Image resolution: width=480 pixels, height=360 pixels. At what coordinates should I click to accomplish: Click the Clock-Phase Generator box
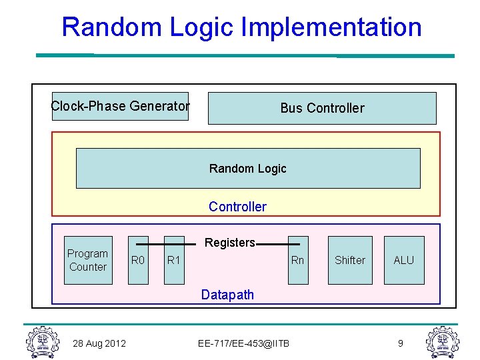pyautogui.click(x=120, y=106)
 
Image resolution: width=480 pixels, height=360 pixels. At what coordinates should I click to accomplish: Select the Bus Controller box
pyautogui.click(x=322, y=108)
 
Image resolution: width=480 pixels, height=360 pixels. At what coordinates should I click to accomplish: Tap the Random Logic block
pyautogui.click(x=248, y=169)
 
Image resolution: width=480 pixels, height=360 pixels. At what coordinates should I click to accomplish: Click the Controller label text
pyautogui.click(x=237, y=207)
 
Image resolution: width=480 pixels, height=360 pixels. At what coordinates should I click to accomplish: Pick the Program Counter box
pyautogui.click(x=88, y=260)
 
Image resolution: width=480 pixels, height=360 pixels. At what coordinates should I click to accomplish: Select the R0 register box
pyautogui.click(x=138, y=260)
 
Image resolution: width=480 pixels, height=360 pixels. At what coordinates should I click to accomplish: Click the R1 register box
pyautogui.click(x=174, y=260)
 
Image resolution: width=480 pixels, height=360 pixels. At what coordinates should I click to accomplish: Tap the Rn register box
pyautogui.click(x=297, y=260)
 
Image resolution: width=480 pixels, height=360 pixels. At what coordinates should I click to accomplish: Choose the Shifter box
pyautogui.click(x=350, y=260)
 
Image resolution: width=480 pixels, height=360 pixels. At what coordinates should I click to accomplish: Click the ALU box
pyautogui.click(x=404, y=260)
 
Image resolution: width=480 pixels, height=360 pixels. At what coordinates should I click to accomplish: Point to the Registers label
pyautogui.click(x=229, y=243)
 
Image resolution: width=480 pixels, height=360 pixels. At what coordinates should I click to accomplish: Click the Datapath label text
pyautogui.click(x=227, y=295)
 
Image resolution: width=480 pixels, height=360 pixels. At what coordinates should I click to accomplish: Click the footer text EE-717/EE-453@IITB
pyautogui.click(x=244, y=343)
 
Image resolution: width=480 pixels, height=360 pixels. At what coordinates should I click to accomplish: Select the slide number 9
pyautogui.click(x=401, y=343)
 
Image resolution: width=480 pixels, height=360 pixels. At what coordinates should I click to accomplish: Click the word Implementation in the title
pyautogui.click(x=332, y=27)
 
